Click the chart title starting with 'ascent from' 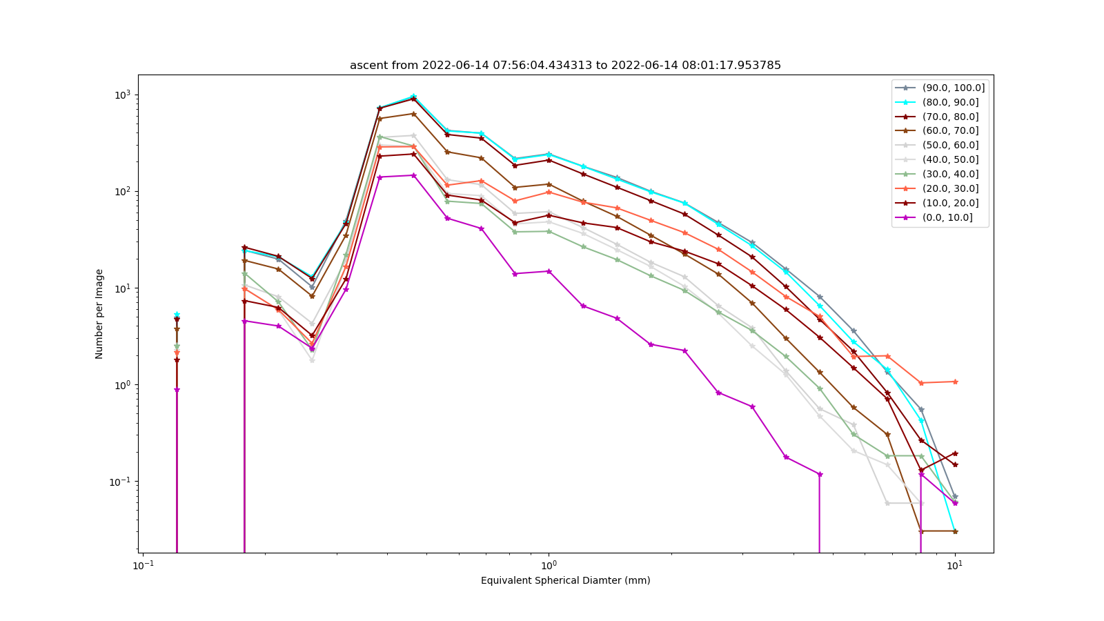pyautogui.click(x=565, y=65)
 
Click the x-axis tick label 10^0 pyautogui.click(x=549, y=565)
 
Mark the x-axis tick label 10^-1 pyautogui.click(x=143, y=565)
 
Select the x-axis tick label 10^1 pyautogui.click(x=955, y=565)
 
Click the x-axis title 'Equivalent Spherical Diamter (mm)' pyautogui.click(x=565, y=580)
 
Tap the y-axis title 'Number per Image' pyautogui.click(x=99, y=314)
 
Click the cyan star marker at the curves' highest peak pyautogui.click(x=413, y=97)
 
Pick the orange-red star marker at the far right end pyautogui.click(x=955, y=382)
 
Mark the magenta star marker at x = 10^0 pyautogui.click(x=549, y=271)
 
